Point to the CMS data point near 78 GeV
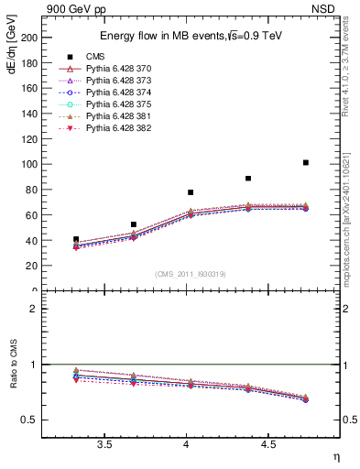click(x=191, y=192)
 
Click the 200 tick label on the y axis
click(x=28, y=38)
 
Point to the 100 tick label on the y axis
click(x=28, y=164)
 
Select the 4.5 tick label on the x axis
click(x=267, y=446)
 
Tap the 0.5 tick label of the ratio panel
click(x=28, y=420)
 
